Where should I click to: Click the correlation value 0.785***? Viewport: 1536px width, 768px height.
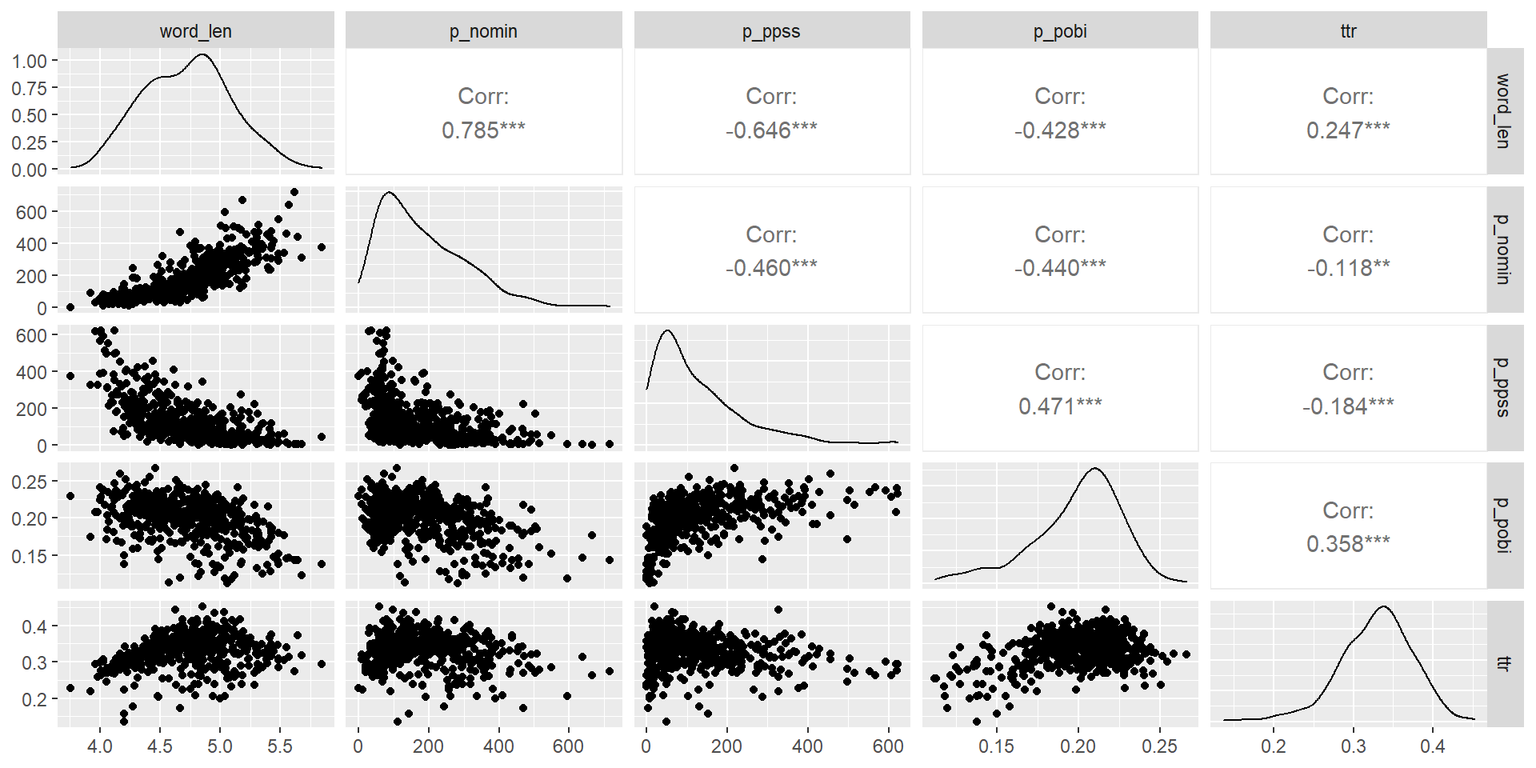[x=483, y=130]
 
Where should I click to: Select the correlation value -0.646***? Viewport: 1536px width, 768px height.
[x=771, y=130]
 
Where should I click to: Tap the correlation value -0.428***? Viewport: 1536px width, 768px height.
[x=1060, y=130]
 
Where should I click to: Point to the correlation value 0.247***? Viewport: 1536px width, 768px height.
[x=1348, y=130]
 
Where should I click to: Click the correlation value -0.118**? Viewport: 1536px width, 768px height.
[x=1348, y=268]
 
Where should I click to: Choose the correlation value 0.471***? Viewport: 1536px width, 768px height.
[x=1060, y=406]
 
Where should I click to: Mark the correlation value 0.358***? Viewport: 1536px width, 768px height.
[x=1348, y=544]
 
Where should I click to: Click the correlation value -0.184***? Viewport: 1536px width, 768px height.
[x=1348, y=406]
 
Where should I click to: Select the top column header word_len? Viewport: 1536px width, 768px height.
[x=196, y=31]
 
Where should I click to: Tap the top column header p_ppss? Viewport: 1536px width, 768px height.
[x=771, y=31]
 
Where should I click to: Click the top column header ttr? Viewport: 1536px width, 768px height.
[x=1348, y=31]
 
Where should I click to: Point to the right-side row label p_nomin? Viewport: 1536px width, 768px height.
[x=1504, y=250]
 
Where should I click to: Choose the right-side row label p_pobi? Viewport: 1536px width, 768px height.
[x=1504, y=526]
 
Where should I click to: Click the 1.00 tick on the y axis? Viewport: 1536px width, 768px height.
[x=30, y=61]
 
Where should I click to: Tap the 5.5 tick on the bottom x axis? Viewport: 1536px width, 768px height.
[x=280, y=746]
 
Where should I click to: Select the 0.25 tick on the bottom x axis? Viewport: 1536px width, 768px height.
[x=1159, y=746]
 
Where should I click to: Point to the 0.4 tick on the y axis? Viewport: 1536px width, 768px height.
[x=34, y=626]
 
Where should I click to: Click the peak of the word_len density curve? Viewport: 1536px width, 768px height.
[x=202, y=54]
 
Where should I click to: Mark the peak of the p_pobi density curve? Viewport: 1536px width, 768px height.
[x=1094, y=469]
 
